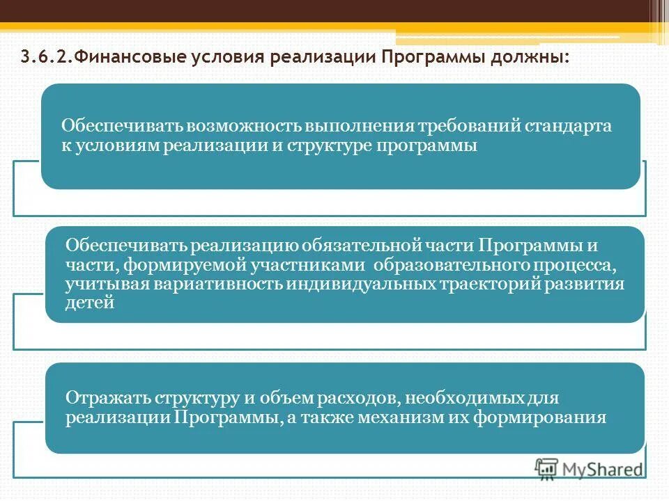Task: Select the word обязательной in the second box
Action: click(x=360, y=247)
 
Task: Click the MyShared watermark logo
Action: click(x=590, y=468)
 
